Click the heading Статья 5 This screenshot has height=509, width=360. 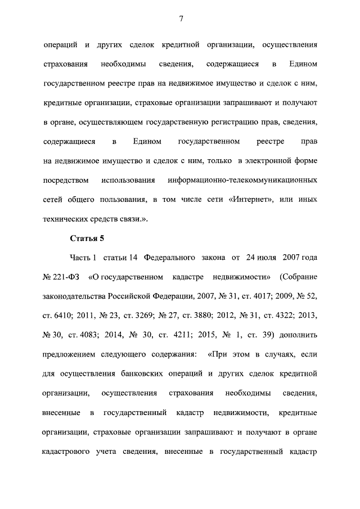click(87, 239)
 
